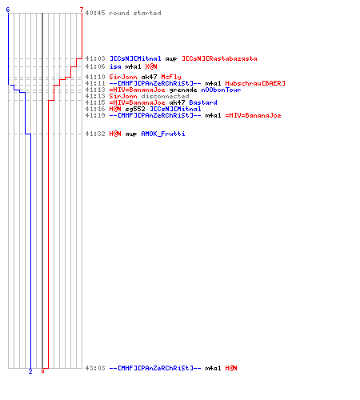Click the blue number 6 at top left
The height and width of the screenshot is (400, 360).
pos(8,10)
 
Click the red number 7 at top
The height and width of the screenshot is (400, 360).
pos(82,10)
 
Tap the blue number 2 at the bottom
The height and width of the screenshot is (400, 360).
pos(30,371)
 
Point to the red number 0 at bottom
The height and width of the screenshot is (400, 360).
pos(42,371)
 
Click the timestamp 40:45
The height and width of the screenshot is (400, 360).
pos(95,13)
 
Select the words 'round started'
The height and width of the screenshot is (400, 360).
pos(135,13)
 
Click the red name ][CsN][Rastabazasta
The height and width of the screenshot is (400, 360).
pos(219,58)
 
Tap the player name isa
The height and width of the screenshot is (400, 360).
pos(115,66)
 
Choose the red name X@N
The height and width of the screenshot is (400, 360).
pos(151,66)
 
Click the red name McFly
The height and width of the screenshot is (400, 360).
pos(171,77)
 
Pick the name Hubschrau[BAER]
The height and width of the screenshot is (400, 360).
pos(255,83)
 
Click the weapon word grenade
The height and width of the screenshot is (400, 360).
pos(183,90)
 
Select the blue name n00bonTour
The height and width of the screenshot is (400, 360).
pos(221,90)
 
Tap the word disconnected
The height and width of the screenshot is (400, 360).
pos(165,96)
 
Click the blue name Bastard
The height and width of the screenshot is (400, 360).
pos(203,102)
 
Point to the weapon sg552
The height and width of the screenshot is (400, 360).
pos(135,109)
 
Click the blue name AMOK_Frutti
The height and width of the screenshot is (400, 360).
pos(163,134)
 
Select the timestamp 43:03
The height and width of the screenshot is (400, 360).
pos(95,368)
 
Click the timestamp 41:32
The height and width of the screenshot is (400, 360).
pos(95,134)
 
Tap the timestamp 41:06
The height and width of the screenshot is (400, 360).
pos(95,66)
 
